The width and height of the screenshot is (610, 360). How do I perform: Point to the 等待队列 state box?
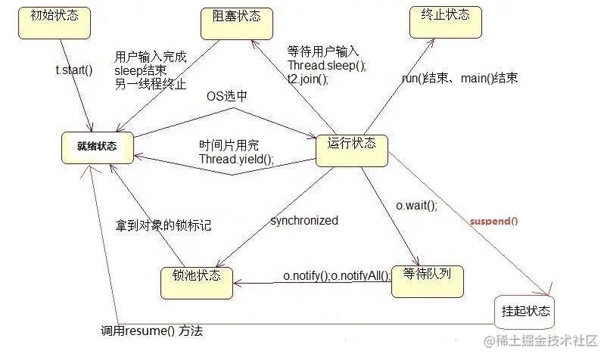click(x=427, y=278)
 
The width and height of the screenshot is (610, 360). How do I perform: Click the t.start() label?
click(x=73, y=70)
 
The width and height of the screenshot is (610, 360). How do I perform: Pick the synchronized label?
click(x=304, y=221)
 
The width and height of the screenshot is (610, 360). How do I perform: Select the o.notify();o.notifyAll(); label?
click(x=338, y=277)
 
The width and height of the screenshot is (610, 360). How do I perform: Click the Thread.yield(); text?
click(x=236, y=159)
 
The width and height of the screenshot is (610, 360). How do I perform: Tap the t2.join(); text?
click(x=307, y=78)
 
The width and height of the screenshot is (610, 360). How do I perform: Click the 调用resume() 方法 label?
click(x=151, y=331)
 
